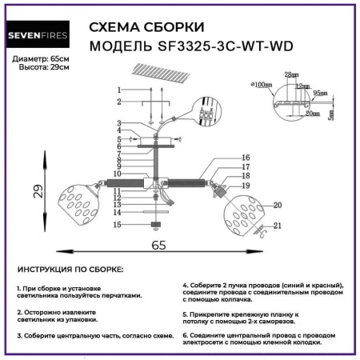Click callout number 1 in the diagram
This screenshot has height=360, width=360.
click(118, 90)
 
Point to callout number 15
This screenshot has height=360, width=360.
click(117, 226)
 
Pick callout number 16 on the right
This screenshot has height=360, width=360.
click(246, 158)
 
